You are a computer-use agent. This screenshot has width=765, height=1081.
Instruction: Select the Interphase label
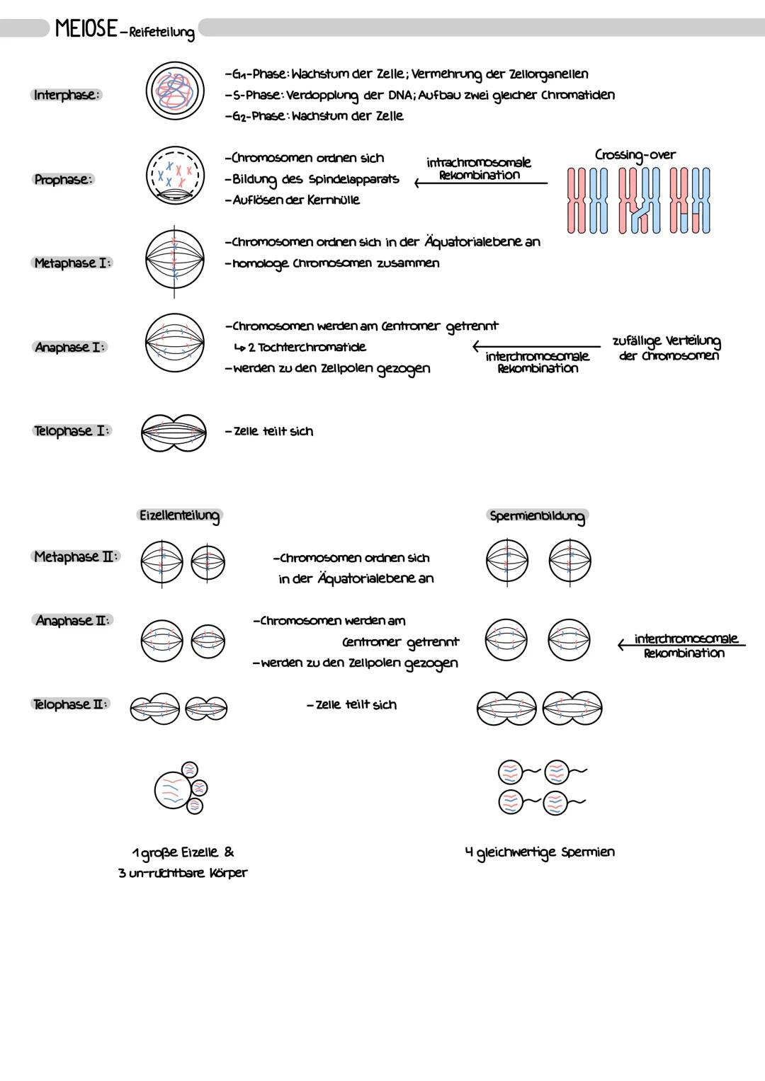point(67,95)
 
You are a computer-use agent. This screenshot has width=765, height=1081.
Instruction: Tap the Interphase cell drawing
point(175,93)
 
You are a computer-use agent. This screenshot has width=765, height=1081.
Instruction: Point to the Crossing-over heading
point(635,154)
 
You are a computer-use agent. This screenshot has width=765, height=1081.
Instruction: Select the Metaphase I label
point(73,263)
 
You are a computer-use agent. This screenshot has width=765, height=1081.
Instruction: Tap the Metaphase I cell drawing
point(175,261)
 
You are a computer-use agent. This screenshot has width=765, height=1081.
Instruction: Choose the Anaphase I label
point(71,347)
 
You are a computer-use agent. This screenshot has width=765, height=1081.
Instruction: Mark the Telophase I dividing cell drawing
point(174,432)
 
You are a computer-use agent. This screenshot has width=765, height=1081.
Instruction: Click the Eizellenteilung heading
point(179,515)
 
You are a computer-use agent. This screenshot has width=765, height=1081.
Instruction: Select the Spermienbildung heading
point(537,516)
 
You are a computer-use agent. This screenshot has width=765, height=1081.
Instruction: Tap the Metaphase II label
point(76,557)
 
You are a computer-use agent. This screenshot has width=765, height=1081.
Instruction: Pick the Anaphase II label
point(73,621)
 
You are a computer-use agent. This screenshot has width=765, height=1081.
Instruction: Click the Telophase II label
point(71,704)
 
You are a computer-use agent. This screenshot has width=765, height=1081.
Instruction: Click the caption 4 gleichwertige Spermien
point(539,852)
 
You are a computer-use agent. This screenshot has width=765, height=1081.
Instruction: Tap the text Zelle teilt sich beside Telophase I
point(269,431)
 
